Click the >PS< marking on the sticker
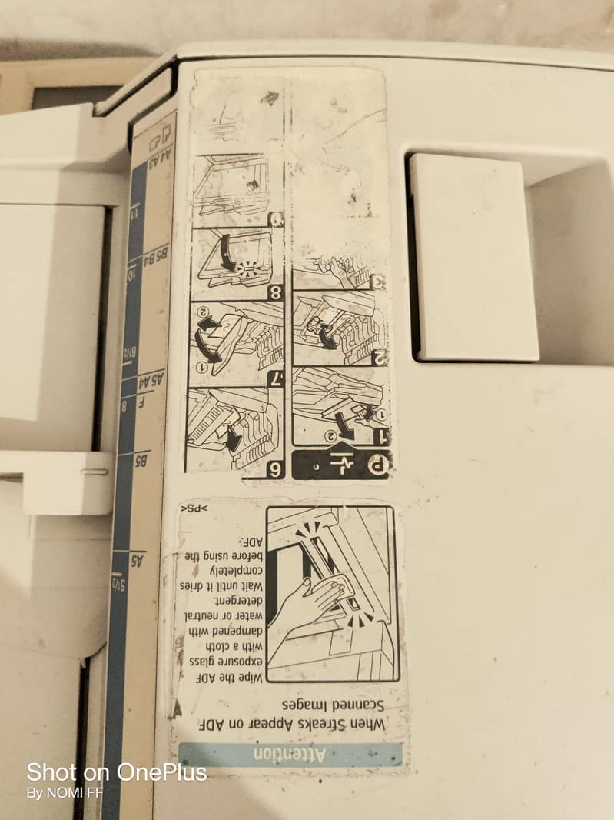click(194, 508)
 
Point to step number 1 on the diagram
click(379, 436)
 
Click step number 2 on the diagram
click(380, 355)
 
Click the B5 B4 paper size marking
click(157, 255)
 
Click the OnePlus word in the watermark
click(161, 772)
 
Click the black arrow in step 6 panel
click(232, 438)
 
